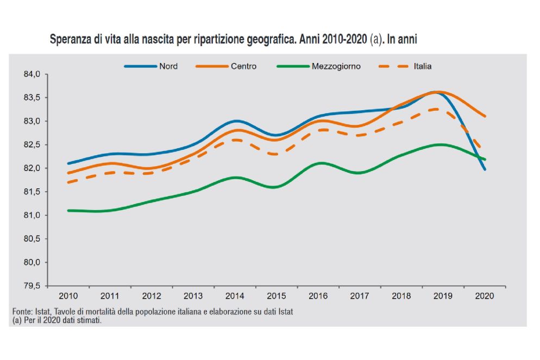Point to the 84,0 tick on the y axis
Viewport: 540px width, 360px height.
pos(34,74)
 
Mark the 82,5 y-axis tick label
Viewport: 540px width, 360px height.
pos(34,145)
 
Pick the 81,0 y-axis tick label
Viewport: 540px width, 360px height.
pos(34,216)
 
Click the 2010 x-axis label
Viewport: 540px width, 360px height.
pos(67,296)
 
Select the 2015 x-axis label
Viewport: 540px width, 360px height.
pos(276,296)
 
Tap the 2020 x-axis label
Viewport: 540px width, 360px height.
pos(484,296)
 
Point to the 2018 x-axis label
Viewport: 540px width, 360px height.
pos(401,296)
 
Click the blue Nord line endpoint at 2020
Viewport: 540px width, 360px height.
pos(485,169)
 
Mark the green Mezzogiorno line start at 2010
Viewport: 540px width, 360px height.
pos(68,210)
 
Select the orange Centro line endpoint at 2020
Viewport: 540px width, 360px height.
pos(485,116)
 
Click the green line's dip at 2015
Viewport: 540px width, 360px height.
pos(276,187)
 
